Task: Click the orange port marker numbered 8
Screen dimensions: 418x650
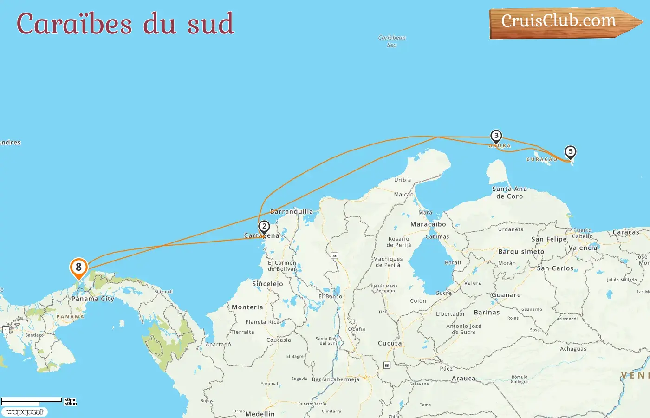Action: (x=78, y=268)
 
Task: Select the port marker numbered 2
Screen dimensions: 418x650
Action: (x=264, y=227)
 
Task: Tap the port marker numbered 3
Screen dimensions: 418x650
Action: (x=496, y=136)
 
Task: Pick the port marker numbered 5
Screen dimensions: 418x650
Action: (x=571, y=152)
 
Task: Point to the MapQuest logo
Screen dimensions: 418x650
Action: (x=25, y=412)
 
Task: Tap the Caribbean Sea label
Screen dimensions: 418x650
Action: (x=392, y=41)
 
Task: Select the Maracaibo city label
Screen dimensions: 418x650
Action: (x=428, y=224)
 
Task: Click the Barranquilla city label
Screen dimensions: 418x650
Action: (x=292, y=212)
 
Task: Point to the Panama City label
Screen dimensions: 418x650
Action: (x=93, y=299)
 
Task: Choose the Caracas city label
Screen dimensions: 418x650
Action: (x=625, y=232)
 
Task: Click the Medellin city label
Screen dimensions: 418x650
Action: (x=260, y=414)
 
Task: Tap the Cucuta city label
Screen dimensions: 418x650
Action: (x=390, y=343)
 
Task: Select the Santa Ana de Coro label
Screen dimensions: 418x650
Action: (x=509, y=193)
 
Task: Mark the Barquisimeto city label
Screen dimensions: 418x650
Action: (x=521, y=252)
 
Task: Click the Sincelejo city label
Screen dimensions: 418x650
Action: (x=267, y=284)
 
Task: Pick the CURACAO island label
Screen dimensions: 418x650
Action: (x=542, y=159)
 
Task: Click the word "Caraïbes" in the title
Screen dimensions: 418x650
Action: (x=74, y=24)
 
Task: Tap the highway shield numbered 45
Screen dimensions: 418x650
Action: (x=334, y=255)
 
